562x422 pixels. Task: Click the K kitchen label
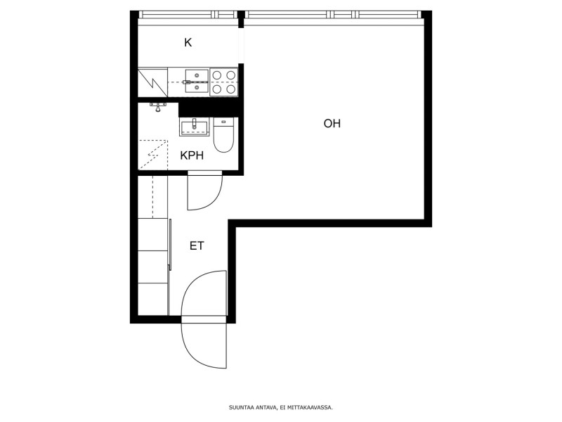click(188, 43)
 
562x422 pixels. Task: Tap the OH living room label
click(332, 124)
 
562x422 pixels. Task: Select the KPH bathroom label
click(192, 155)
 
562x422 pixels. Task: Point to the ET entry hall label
click(197, 245)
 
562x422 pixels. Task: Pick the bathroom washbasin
click(194, 127)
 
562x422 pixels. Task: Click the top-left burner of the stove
click(216, 75)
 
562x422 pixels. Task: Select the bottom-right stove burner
click(231, 89)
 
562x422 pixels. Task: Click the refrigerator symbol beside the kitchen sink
click(152, 82)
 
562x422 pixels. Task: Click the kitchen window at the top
click(188, 15)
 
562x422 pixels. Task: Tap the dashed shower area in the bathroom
click(152, 155)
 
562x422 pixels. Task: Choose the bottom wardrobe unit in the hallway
click(152, 300)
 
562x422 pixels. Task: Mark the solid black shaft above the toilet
click(209, 108)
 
